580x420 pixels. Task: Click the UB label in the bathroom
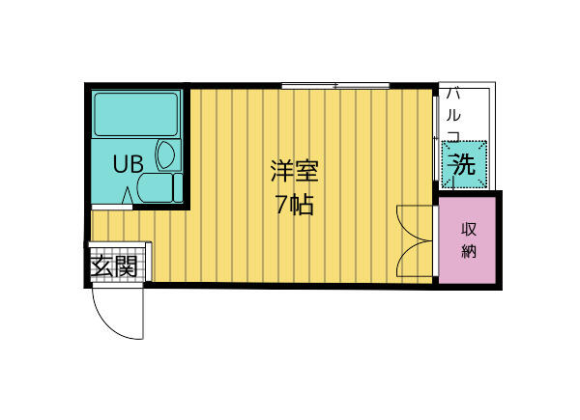pyautogui.click(x=129, y=164)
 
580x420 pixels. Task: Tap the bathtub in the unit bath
pyautogui.click(x=136, y=114)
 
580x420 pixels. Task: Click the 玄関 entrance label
pyautogui.click(x=113, y=266)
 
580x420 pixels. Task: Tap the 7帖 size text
pyautogui.click(x=293, y=205)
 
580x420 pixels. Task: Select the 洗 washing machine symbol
pyautogui.click(x=463, y=165)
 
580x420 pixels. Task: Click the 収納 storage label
pyautogui.click(x=469, y=240)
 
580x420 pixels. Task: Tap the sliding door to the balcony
pyautogui.click(x=435, y=145)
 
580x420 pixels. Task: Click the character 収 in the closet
pyautogui.click(x=469, y=230)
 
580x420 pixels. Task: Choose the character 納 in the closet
pyautogui.click(x=469, y=252)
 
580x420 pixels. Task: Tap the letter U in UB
pyautogui.click(x=121, y=164)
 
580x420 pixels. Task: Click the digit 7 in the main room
pyautogui.click(x=280, y=205)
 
